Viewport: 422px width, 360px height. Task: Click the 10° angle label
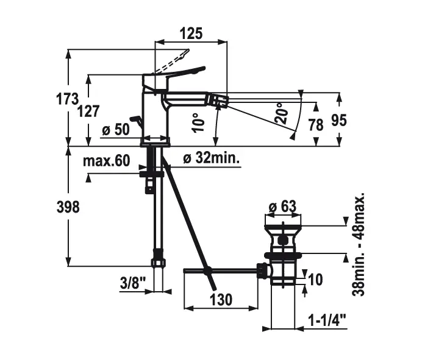196,123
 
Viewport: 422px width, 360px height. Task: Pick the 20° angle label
281,113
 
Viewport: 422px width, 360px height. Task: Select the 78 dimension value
315,125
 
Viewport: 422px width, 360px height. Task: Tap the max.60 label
107,160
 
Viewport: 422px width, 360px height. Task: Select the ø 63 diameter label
282,206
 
